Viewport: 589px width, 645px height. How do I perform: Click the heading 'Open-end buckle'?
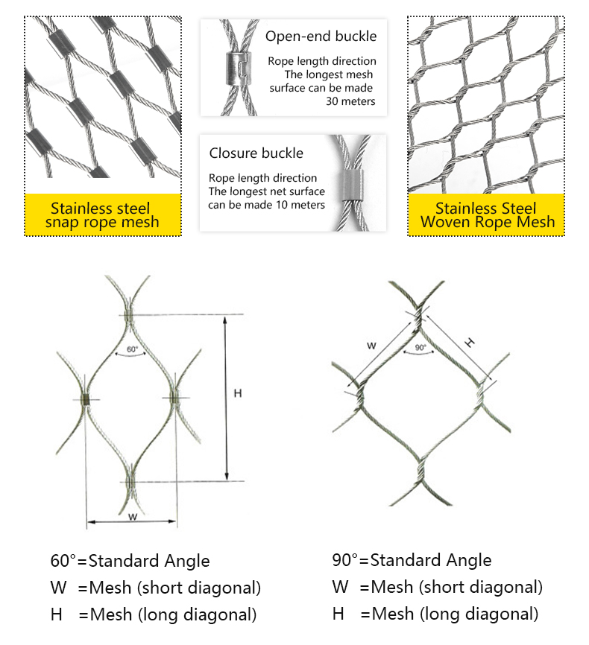tap(321, 36)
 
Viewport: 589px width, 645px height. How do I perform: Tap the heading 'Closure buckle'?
tap(256, 153)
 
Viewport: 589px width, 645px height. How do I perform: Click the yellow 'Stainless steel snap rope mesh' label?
tap(103, 215)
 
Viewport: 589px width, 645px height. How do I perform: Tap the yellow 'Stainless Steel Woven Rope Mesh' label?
tap(485, 215)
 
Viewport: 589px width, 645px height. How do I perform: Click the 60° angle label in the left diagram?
tap(132, 349)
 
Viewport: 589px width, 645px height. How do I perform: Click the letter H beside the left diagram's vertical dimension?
tap(237, 393)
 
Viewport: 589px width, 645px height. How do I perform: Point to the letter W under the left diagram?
tap(133, 516)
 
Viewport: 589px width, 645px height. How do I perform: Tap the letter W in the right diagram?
tap(372, 345)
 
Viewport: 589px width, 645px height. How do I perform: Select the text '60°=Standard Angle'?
tap(130, 561)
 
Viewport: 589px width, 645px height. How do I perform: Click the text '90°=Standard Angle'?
tap(412, 560)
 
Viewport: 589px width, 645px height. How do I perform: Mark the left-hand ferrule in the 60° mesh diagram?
tap(87, 400)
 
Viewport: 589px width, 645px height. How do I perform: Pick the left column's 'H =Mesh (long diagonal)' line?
tap(154, 614)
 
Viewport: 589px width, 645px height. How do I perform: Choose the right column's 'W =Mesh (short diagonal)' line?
tap(437, 587)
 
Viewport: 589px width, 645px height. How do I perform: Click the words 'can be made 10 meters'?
tap(267, 204)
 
